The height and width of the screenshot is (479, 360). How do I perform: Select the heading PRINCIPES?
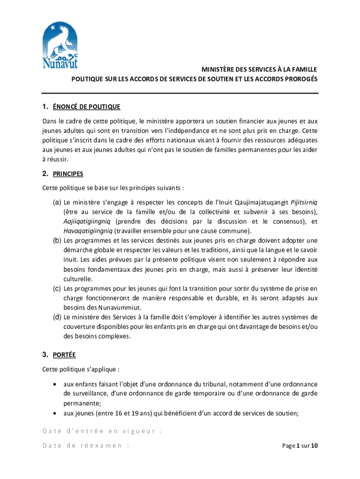tap(68, 174)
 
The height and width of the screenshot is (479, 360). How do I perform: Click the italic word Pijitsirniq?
tap(304, 203)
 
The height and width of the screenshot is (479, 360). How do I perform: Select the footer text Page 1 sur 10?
tap(300, 446)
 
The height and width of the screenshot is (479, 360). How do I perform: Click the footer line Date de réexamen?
tap(86, 446)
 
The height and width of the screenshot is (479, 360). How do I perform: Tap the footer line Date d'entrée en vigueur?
tap(102, 431)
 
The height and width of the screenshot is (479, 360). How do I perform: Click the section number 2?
tap(45, 174)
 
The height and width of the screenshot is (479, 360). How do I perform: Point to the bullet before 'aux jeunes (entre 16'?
tap(56, 413)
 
